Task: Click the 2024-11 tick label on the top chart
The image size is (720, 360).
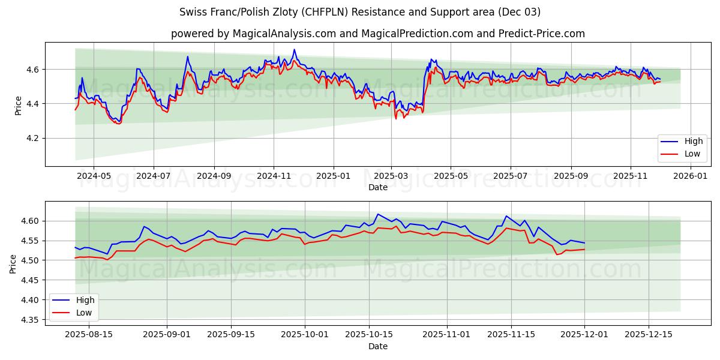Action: [x=274, y=176]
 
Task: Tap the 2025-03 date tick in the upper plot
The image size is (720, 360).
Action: [x=391, y=176]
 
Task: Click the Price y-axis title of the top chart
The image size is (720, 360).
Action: [x=18, y=104]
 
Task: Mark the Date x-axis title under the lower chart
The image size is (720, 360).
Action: [x=378, y=346]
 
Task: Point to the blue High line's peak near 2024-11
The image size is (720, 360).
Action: [x=294, y=50]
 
